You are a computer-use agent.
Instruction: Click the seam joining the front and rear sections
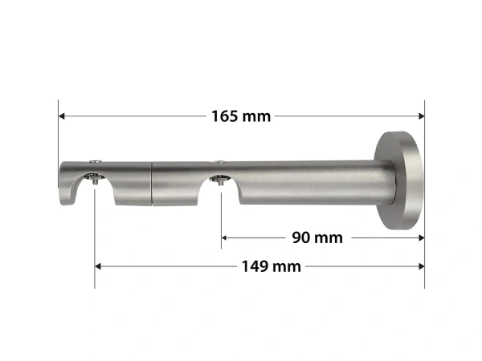point(152,183)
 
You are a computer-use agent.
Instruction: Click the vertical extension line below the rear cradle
point(221,221)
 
